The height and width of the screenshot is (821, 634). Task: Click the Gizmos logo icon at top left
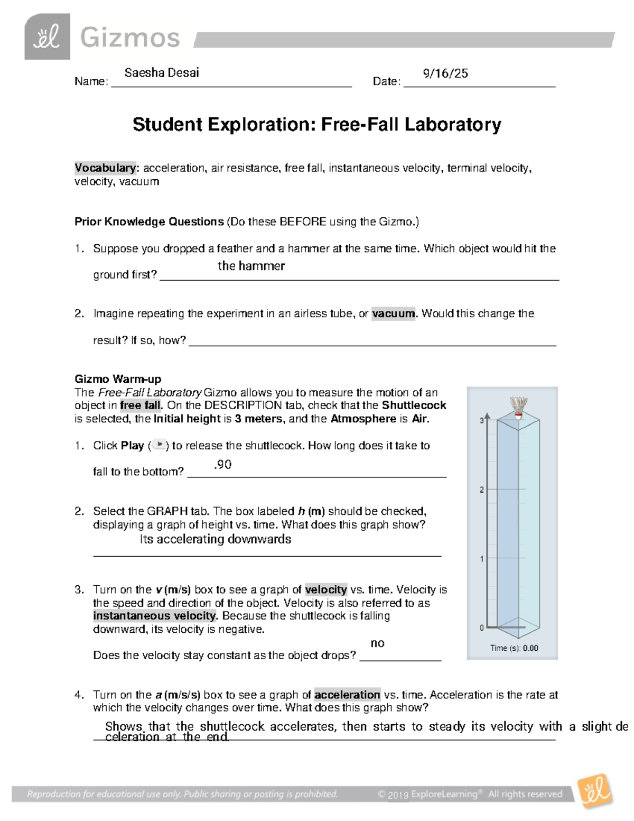pyautogui.click(x=47, y=36)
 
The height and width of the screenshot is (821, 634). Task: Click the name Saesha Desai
pyautogui.click(x=162, y=73)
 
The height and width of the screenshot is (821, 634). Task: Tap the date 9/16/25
pyautogui.click(x=445, y=73)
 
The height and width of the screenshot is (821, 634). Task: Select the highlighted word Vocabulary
pyautogui.click(x=105, y=168)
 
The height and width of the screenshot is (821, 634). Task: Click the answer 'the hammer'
pyautogui.click(x=251, y=266)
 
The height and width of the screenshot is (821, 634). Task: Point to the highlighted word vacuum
pyautogui.click(x=394, y=313)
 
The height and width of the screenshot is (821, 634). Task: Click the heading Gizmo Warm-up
pyautogui.click(x=118, y=379)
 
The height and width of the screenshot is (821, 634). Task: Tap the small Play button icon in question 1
pyautogui.click(x=158, y=445)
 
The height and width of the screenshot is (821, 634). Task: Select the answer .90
pyautogui.click(x=222, y=465)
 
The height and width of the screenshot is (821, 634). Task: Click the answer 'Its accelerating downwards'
pyautogui.click(x=216, y=539)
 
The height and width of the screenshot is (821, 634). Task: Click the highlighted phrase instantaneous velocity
pyautogui.click(x=155, y=616)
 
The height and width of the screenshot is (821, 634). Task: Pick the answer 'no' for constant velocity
pyautogui.click(x=377, y=643)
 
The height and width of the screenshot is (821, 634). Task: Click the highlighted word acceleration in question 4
pyautogui.click(x=347, y=695)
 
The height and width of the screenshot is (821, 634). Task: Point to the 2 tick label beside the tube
pyautogui.click(x=481, y=490)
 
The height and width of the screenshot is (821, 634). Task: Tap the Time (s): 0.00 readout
pyautogui.click(x=514, y=648)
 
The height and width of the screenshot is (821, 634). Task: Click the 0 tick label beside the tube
pyautogui.click(x=481, y=628)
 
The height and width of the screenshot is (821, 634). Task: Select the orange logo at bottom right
pyautogui.click(x=596, y=791)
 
